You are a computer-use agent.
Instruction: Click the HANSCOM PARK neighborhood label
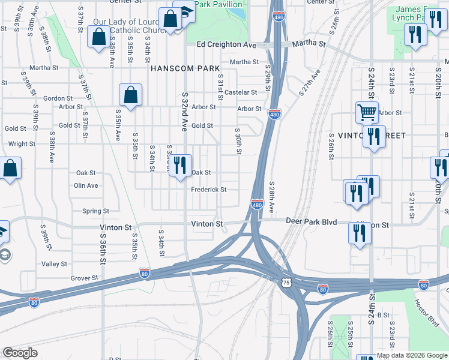(x=185, y=68)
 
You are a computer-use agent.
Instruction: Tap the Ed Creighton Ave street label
(x=226, y=44)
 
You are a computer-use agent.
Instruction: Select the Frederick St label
(x=208, y=190)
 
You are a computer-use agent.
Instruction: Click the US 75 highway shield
(x=286, y=283)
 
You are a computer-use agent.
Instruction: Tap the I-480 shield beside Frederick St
(x=257, y=205)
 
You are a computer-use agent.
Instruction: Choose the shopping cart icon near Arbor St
(x=366, y=112)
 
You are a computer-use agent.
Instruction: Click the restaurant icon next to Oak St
(x=179, y=165)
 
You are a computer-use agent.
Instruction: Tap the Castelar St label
(x=241, y=92)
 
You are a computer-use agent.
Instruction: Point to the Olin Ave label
(x=86, y=185)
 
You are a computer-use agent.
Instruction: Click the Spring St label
(x=95, y=211)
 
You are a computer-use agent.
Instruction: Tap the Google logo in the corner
(x=20, y=353)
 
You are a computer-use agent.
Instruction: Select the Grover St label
(x=84, y=278)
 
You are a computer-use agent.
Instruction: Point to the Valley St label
(x=54, y=264)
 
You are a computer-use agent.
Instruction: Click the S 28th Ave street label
(x=271, y=197)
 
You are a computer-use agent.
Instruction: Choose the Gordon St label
(x=58, y=98)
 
